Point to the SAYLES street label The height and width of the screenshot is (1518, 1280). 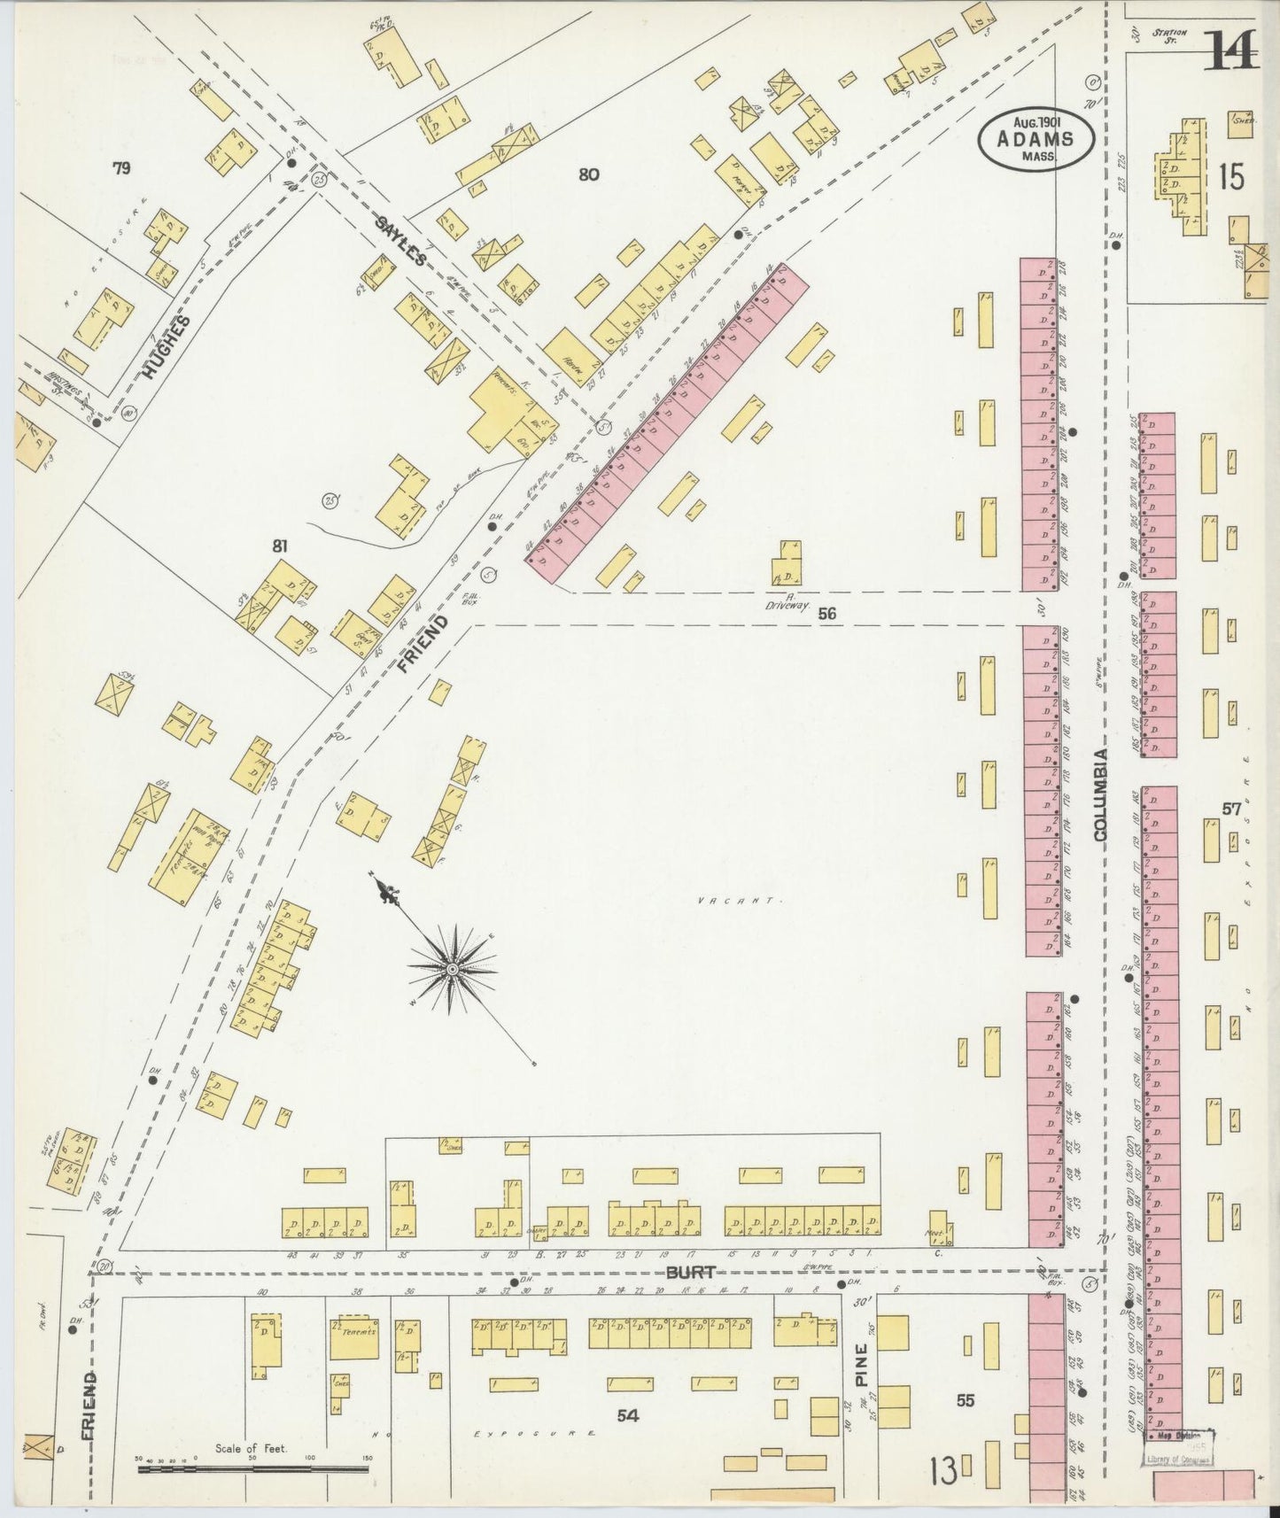[401, 238]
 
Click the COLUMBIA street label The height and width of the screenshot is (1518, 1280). [1100, 794]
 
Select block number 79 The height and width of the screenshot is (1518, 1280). [121, 168]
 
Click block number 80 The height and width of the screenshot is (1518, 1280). [588, 174]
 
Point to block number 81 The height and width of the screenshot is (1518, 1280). [281, 546]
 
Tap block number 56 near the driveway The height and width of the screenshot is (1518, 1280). [827, 613]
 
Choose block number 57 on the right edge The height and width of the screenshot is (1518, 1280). [1231, 808]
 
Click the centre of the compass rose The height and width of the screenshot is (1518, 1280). [453, 970]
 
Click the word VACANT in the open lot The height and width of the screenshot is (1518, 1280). [732, 901]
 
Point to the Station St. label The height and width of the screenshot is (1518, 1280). [1170, 36]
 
